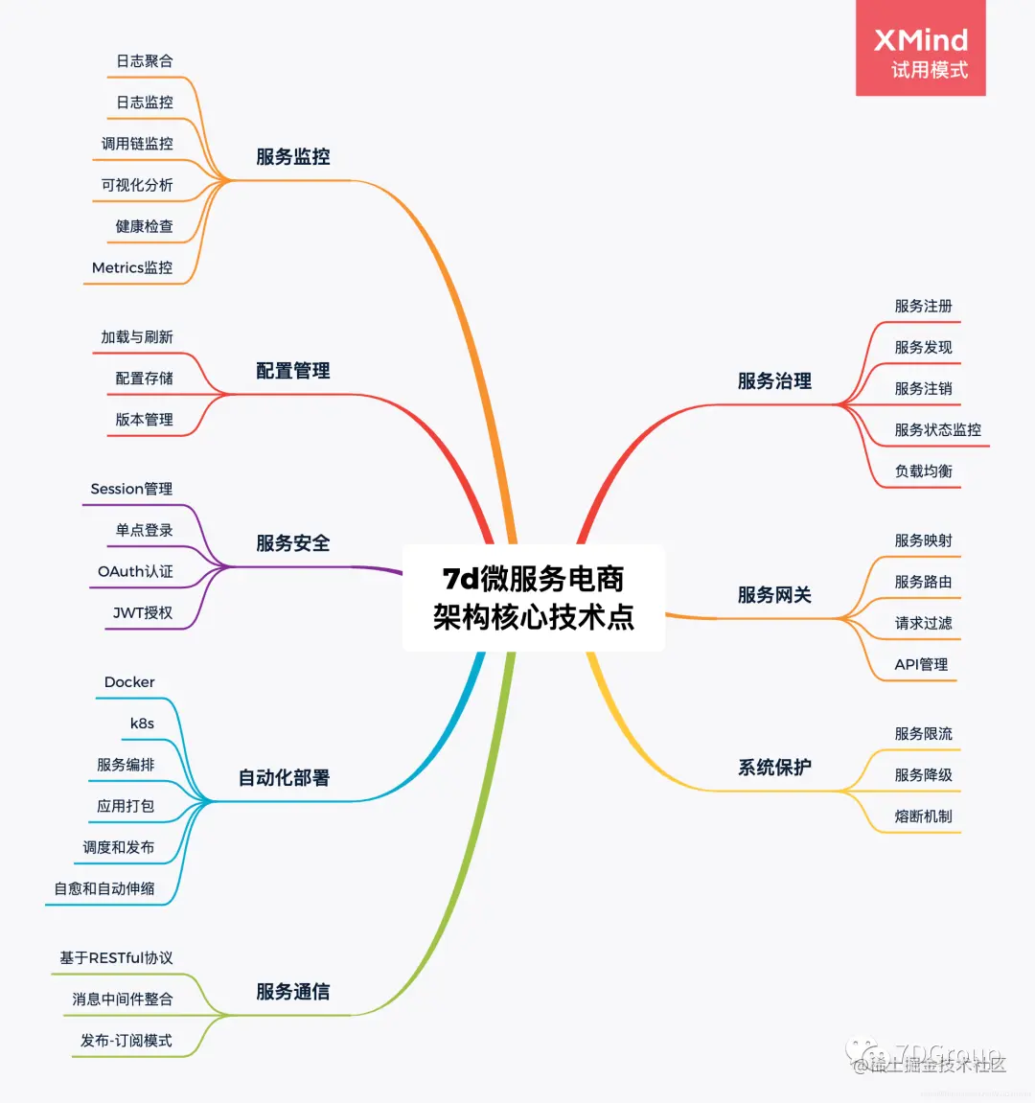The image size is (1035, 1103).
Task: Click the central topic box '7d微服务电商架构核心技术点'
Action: (x=533, y=598)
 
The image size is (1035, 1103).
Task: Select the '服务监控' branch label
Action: (x=293, y=157)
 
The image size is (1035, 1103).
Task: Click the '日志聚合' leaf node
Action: (x=145, y=61)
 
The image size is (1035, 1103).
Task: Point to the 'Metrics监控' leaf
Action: (x=132, y=268)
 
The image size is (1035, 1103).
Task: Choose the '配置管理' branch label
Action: (x=293, y=371)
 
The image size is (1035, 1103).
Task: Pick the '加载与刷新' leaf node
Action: (x=137, y=337)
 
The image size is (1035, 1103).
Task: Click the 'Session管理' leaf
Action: (x=131, y=489)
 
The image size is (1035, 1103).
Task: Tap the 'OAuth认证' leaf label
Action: (x=135, y=572)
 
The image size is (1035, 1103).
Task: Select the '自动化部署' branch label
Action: (x=284, y=778)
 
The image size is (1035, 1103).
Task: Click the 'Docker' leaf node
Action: (x=129, y=682)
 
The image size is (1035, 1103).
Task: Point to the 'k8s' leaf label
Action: (x=142, y=724)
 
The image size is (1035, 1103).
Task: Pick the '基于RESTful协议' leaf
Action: (x=116, y=958)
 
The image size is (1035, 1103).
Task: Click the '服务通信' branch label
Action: (x=293, y=992)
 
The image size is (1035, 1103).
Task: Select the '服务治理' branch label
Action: (x=774, y=381)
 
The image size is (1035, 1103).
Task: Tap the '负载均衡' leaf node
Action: (x=924, y=471)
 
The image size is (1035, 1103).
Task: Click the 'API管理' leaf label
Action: (x=921, y=665)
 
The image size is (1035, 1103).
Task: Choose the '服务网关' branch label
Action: (x=774, y=595)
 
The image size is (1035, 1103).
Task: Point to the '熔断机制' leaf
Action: (x=924, y=816)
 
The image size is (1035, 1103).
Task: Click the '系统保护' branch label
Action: (x=774, y=768)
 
